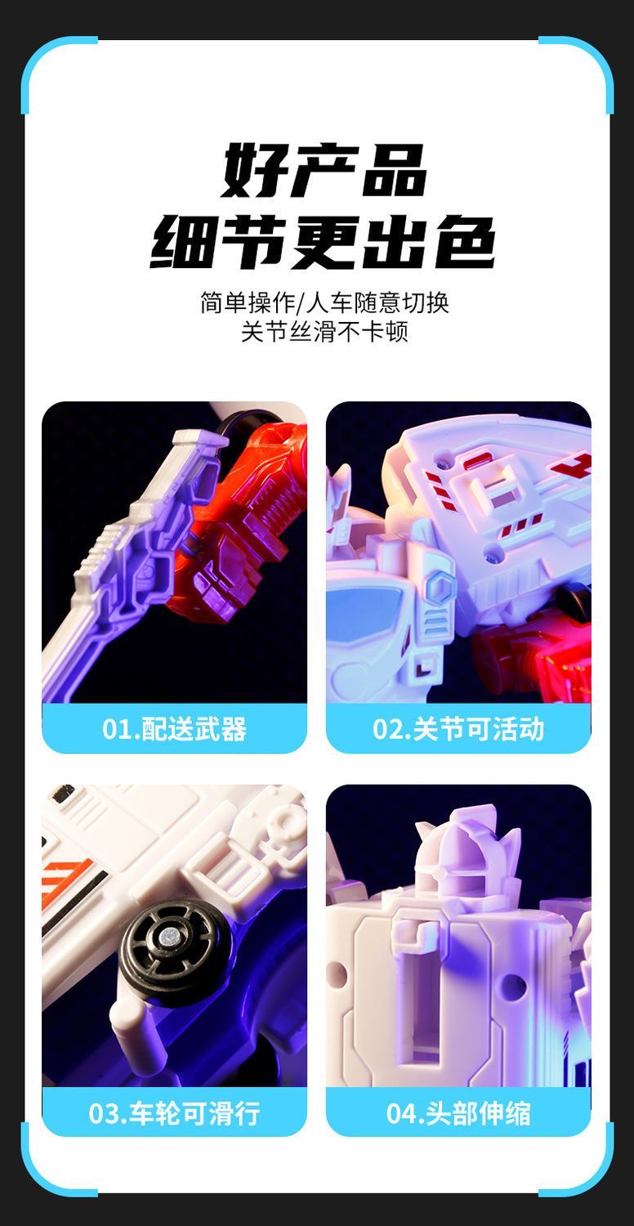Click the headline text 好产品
(324, 170)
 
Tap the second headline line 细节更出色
(323, 241)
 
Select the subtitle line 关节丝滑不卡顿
(324, 332)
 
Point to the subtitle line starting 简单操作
(324, 302)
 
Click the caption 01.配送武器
(175, 728)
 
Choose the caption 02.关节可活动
(458, 728)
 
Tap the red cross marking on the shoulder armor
(572, 465)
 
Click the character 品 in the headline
(393, 170)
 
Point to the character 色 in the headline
(465, 241)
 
